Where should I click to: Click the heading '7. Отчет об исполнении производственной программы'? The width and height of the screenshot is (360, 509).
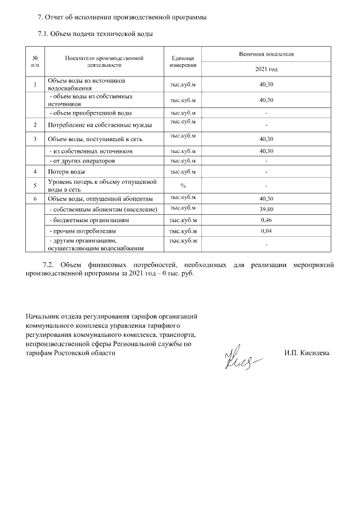[121, 17]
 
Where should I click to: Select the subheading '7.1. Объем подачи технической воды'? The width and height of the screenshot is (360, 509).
[95, 34]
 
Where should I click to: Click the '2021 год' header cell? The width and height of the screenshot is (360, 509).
[266, 69]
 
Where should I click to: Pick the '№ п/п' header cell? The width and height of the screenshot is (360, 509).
[35, 61]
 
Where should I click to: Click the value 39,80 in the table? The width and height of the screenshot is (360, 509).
[266, 209]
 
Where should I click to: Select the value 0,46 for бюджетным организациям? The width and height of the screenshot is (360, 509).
[266, 220]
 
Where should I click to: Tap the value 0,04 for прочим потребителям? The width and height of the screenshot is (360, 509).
[266, 231]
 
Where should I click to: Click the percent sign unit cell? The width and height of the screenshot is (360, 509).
[183, 186]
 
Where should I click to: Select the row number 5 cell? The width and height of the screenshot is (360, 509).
[35, 186]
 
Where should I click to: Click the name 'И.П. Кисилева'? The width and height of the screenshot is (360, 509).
[307, 353]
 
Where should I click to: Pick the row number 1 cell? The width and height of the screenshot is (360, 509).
[35, 85]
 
